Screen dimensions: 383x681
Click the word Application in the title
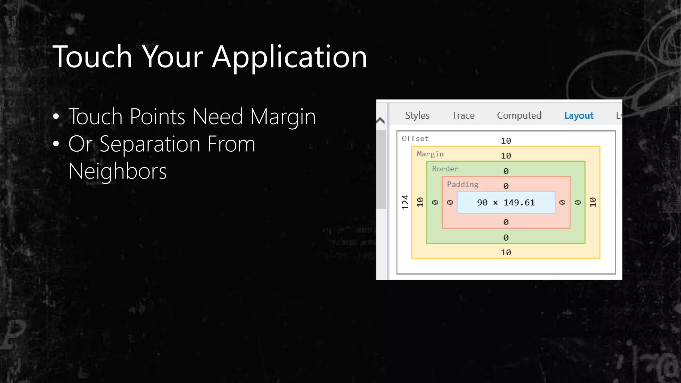(289, 57)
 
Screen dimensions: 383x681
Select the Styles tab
(417, 115)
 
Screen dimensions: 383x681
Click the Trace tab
(463, 115)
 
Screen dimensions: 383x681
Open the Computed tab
(519, 115)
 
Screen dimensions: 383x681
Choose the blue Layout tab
(579, 115)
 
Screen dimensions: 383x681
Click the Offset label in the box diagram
(415, 138)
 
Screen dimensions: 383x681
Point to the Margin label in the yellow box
(430, 154)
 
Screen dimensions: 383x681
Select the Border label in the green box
(445, 169)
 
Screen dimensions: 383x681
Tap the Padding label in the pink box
(463, 184)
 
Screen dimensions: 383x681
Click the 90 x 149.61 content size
(506, 202)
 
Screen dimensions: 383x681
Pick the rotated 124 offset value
(405, 202)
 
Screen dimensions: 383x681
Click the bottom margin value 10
(506, 252)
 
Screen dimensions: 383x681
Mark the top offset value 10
(506, 141)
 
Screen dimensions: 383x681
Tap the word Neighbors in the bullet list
(117, 171)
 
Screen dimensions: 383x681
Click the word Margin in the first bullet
(283, 117)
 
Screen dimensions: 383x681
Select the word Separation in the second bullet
(150, 144)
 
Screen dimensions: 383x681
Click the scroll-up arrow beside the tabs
(381, 120)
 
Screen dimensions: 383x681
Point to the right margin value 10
(593, 202)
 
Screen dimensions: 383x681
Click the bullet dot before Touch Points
(56, 117)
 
